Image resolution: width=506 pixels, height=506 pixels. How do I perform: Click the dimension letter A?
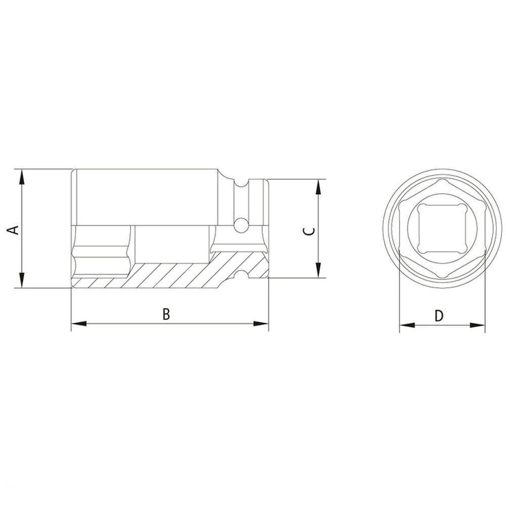[x=15, y=229]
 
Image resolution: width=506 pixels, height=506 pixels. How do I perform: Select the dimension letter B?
[x=166, y=314]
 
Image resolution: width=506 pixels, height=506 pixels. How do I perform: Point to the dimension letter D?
[x=439, y=316]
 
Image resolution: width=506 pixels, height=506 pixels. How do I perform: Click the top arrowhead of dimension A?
[x=22, y=175]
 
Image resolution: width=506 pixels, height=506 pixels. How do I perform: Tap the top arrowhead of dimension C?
[x=318, y=185]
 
